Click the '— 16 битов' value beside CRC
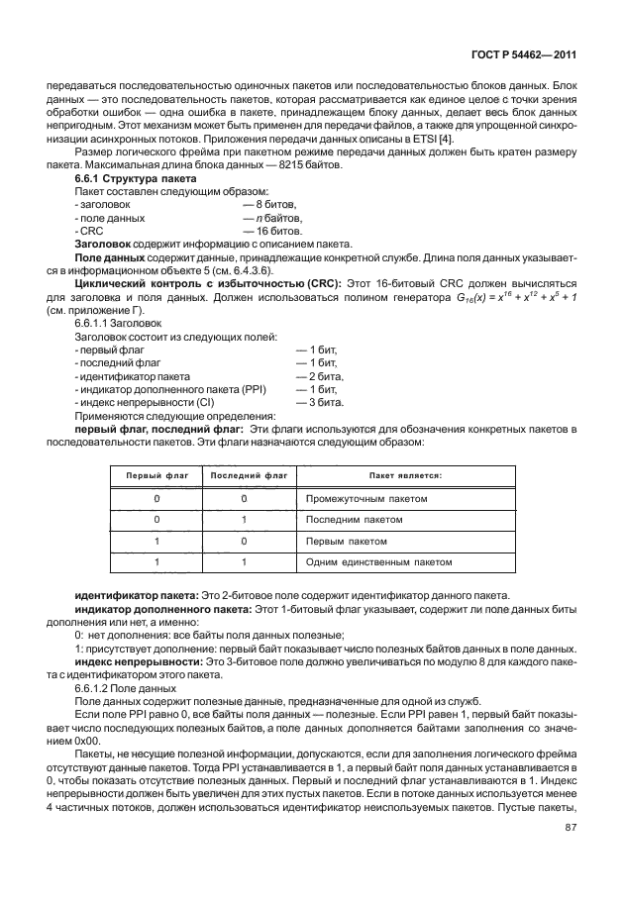click(273, 230)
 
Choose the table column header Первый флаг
click(157, 475)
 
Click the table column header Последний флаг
click(244, 475)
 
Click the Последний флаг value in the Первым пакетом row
click(244, 542)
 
